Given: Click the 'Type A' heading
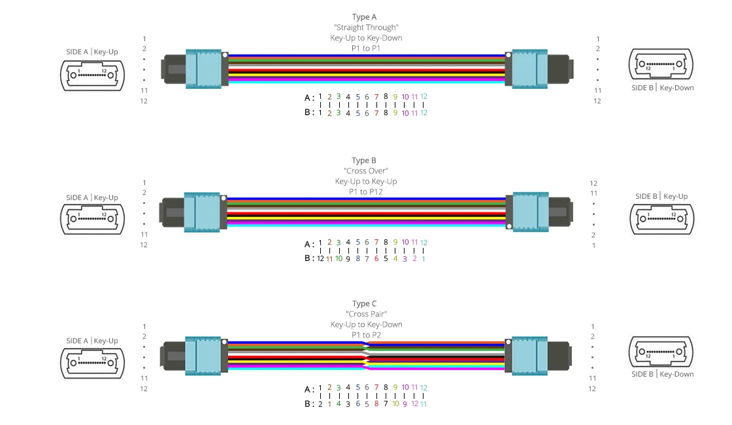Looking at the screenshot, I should tap(365, 17).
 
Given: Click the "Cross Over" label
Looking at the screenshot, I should tap(365, 171).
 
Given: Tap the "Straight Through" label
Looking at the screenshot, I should tap(366, 27).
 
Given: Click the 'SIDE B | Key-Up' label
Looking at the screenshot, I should tap(661, 196).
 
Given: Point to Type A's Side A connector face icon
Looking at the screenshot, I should tap(91, 75).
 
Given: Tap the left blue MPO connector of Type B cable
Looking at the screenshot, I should tap(205, 211).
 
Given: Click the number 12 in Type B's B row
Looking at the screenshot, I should tap(320, 258).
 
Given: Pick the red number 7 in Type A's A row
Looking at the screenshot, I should tap(376, 97).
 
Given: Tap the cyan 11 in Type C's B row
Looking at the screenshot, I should tap(424, 404).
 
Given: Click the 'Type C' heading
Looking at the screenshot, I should tap(365, 303).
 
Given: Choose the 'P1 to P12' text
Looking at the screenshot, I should tap(365, 192).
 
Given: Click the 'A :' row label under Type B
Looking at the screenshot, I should tap(309, 244).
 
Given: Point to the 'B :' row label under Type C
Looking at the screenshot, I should tap(309, 404).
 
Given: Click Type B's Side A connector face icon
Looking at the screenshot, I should tap(91, 218).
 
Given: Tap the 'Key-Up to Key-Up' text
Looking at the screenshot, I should tap(365, 181).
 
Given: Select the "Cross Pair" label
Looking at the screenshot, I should tap(365, 314).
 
